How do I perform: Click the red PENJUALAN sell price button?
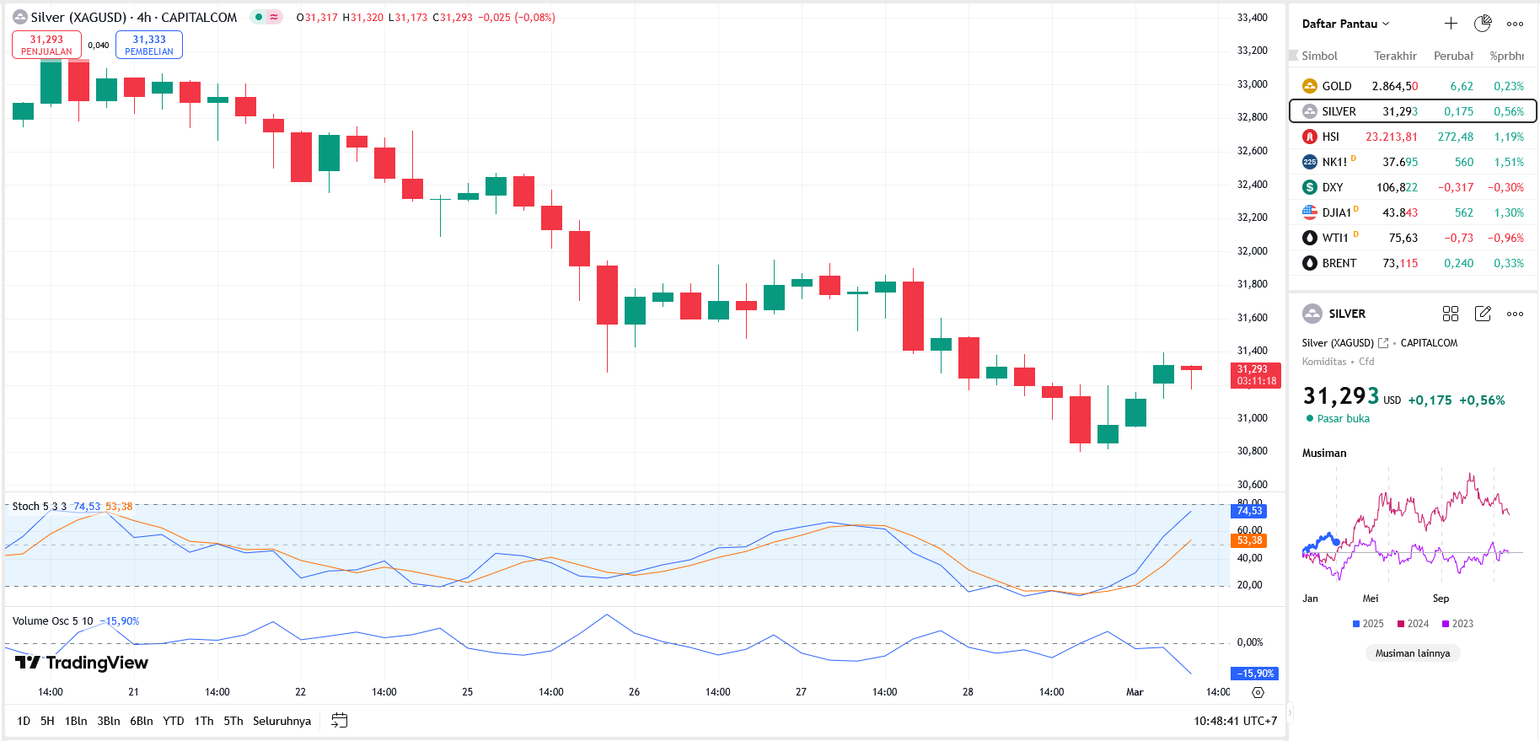coord(46,45)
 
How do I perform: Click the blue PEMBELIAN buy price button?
coord(149,45)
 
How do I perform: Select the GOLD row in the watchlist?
coord(1413,86)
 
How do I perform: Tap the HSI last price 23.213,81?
coord(1391,137)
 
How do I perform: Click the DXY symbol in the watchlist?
coord(1332,187)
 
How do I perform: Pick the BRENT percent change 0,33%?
coord(1508,263)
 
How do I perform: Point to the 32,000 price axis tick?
coord(1252,251)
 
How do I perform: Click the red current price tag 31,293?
coord(1255,375)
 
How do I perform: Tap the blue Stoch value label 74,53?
coord(1250,511)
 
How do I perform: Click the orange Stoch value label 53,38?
coord(1250,540)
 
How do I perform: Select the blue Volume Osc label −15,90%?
coord(1255,674)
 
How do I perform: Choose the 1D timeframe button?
coord(24,721)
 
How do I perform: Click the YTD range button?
coord(173,721)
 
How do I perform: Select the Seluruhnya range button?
coord(282,721)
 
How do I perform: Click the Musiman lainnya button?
coord(1413,653)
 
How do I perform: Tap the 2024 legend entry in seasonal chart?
coord(1414,624)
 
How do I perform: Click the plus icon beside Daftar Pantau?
coord(1451,24)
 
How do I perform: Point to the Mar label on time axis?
coord(1135,692)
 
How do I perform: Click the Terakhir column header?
coord(1395,56)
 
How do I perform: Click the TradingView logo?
coord(82,663)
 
